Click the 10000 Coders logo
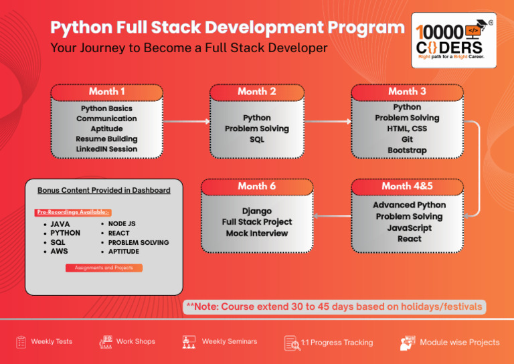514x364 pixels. point(454,40)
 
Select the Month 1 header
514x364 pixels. point(107,92)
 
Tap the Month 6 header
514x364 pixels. point(257,186)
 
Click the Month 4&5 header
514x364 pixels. point(407,186)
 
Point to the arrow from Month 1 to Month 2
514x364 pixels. point(186,122)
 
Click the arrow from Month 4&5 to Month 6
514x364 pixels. point(332,216)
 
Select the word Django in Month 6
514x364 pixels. point(257,211)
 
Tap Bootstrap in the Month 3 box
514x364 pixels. point(407,151)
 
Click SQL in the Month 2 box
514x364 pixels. point(257,140)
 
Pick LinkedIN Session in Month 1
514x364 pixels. point(107,149)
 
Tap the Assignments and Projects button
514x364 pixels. point(104,268)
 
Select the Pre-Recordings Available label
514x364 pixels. point(73,212)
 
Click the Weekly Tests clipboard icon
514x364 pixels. point(21,342)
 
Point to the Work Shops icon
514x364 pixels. point(106,342)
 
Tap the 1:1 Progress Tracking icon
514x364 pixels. point(292,343)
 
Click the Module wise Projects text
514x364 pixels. point(460,343)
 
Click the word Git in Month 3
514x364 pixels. point(407,140)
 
